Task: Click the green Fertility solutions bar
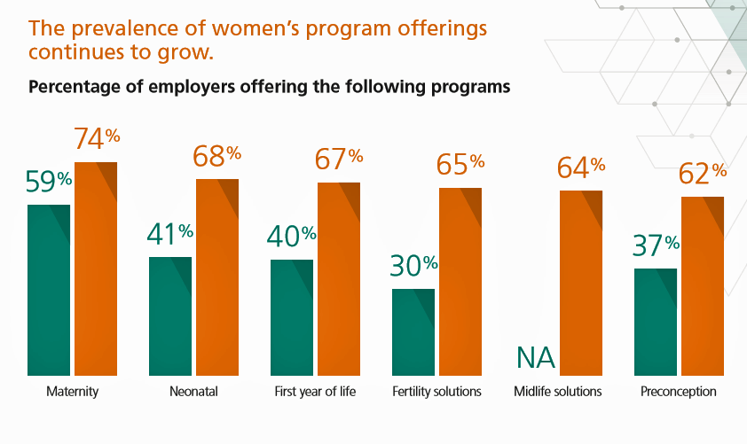(x=413, y=331)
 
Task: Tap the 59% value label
(x=48, y=182)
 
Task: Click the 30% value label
(x=413, y=266)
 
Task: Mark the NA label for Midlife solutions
(x=535, y=359)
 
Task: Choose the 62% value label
(x=703, y=174)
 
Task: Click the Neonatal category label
(x=193, y=391)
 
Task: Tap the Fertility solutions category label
(x=436, y=391)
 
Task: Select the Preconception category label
(x=679, y=391)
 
